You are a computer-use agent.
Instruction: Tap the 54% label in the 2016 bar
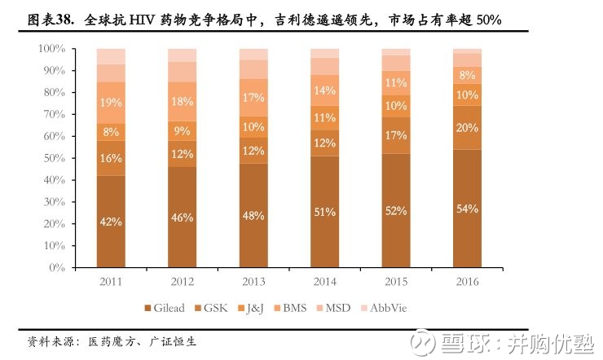[x=467, y=209]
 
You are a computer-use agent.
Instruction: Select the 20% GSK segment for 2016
[x=467, y=127]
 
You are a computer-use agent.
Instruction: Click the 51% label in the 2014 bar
[x=324, y=212]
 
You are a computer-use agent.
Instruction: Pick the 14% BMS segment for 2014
[x=324, y=90]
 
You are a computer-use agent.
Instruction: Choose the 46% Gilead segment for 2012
[x=182, y=217]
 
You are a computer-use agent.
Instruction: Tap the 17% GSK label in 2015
[x=396, y=135]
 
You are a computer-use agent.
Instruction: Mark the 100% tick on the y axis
[x=52, y=49]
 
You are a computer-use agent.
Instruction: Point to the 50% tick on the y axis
[x=55, y=158]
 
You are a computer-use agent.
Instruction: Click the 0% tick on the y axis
[x=57, y=267]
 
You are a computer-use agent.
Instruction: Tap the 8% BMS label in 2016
[x=467, y=75]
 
